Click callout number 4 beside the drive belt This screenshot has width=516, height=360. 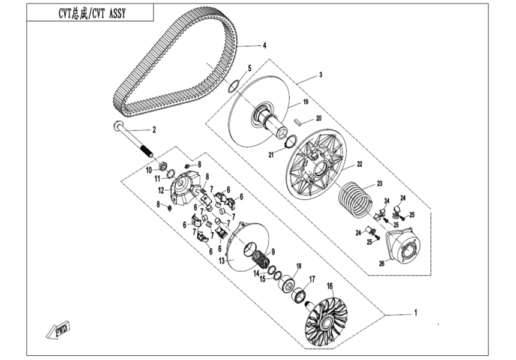click(263, 45)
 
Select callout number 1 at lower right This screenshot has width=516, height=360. click(415, 313)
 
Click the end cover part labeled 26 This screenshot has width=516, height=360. click(405, 246)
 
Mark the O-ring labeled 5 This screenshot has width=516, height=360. click(235, 85)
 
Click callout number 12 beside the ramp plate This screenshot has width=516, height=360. click(161, 190)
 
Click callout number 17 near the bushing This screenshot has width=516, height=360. click(312, 279)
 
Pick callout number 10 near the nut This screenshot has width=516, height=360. click(149, 170)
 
